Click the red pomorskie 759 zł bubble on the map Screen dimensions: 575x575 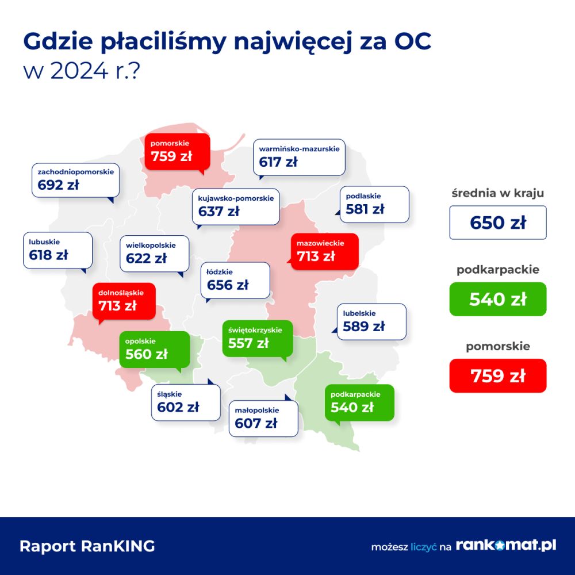click(x=177, y=152)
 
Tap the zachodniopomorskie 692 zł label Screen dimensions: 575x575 click(x=75, y=181)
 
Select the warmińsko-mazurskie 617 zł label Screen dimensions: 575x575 click(x=299, y=158)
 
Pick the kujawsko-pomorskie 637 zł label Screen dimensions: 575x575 click(x=235, y=207)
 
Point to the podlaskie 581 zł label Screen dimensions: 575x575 click(x=374, y=204)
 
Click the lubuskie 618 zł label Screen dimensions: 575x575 click(x=57, y=251)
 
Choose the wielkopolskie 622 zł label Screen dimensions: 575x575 click(x=154, y=254)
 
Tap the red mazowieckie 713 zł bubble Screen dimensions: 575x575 click(x=324, y=252)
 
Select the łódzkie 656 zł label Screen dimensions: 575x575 click(x=235, y=281)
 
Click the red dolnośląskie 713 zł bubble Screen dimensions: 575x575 click(x=124, y=301)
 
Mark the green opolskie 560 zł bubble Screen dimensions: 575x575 click(x=154, y=350)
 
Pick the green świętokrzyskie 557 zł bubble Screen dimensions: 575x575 click(x=258, y=339)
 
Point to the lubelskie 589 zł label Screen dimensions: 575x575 click(x=371, y=321)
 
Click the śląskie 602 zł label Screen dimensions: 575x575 click(x=186, y=402)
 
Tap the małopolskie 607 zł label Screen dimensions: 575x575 click(x=263, y=419)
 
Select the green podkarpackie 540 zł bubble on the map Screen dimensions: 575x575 click(x=359, y=402)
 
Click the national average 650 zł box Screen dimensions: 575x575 click(x=497, y=223)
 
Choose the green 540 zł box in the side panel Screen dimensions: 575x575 click(x=497, y=299)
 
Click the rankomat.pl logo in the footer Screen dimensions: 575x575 click(x=505, y=545)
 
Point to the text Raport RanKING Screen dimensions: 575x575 click(x=87, y=546)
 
